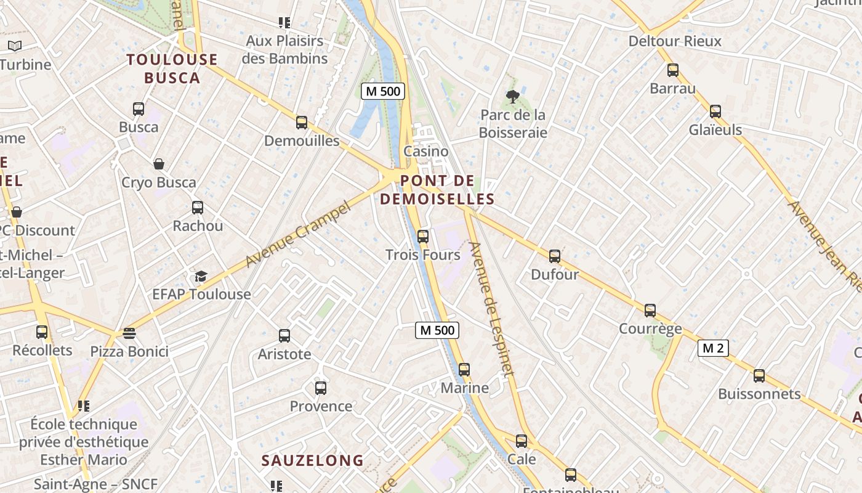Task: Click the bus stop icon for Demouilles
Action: (x=302, y=123)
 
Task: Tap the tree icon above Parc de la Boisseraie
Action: (x=512, y=96)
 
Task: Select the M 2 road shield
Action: (x=713, y=348)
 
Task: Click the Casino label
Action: (x=425, y=151)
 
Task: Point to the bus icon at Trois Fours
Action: (x=423, y=236)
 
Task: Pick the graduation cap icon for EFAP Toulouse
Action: (x=201, y=276)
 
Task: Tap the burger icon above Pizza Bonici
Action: (x=129, y=333)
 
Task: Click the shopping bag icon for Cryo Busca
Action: (x=159, y=164)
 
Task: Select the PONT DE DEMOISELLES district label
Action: (x=437, y=190)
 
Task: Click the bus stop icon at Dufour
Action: (x=555, y=256)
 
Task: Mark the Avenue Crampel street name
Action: (x=297, y=235)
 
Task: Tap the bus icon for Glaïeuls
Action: (x=715, y=112)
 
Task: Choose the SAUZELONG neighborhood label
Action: (x=313, y=460)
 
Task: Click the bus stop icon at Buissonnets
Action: (x=759, y=375)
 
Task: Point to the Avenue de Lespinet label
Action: (x=491, y=309)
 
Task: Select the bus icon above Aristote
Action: (x=284, y=336)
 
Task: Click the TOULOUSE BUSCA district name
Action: (x=172, y=68)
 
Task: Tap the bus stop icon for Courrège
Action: (x=650, y=311)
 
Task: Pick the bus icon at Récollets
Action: (x=42, y=332)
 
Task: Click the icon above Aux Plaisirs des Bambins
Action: (x=284, y=23)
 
